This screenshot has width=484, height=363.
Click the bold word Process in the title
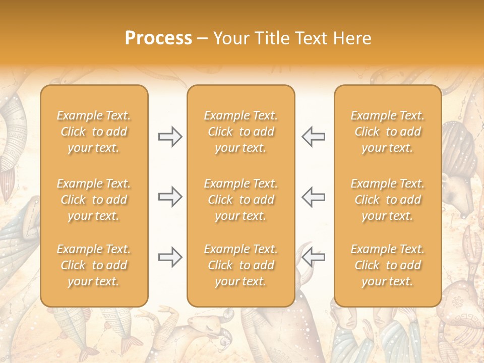coord(158,38)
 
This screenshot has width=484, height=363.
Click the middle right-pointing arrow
coord(170,197)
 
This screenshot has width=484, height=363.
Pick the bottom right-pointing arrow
coord(170,257)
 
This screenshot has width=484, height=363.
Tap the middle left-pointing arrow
coord(313,197)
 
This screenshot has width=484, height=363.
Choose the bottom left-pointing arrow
coord(313,257)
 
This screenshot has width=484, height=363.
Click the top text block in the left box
coord(94,132)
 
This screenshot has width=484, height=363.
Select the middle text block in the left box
coord(94,200)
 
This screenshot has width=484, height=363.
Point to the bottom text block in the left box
coord(94,265)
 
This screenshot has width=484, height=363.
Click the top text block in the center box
coord(240,132)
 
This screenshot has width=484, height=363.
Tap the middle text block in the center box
coord(240,200)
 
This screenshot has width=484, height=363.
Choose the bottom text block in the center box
coord(240,265)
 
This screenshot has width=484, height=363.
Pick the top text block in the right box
coord(388,132)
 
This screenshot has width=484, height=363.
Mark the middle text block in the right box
coord(388,200)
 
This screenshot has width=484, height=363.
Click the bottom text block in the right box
coord(388,265)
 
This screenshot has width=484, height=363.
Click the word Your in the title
coord(230,38)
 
